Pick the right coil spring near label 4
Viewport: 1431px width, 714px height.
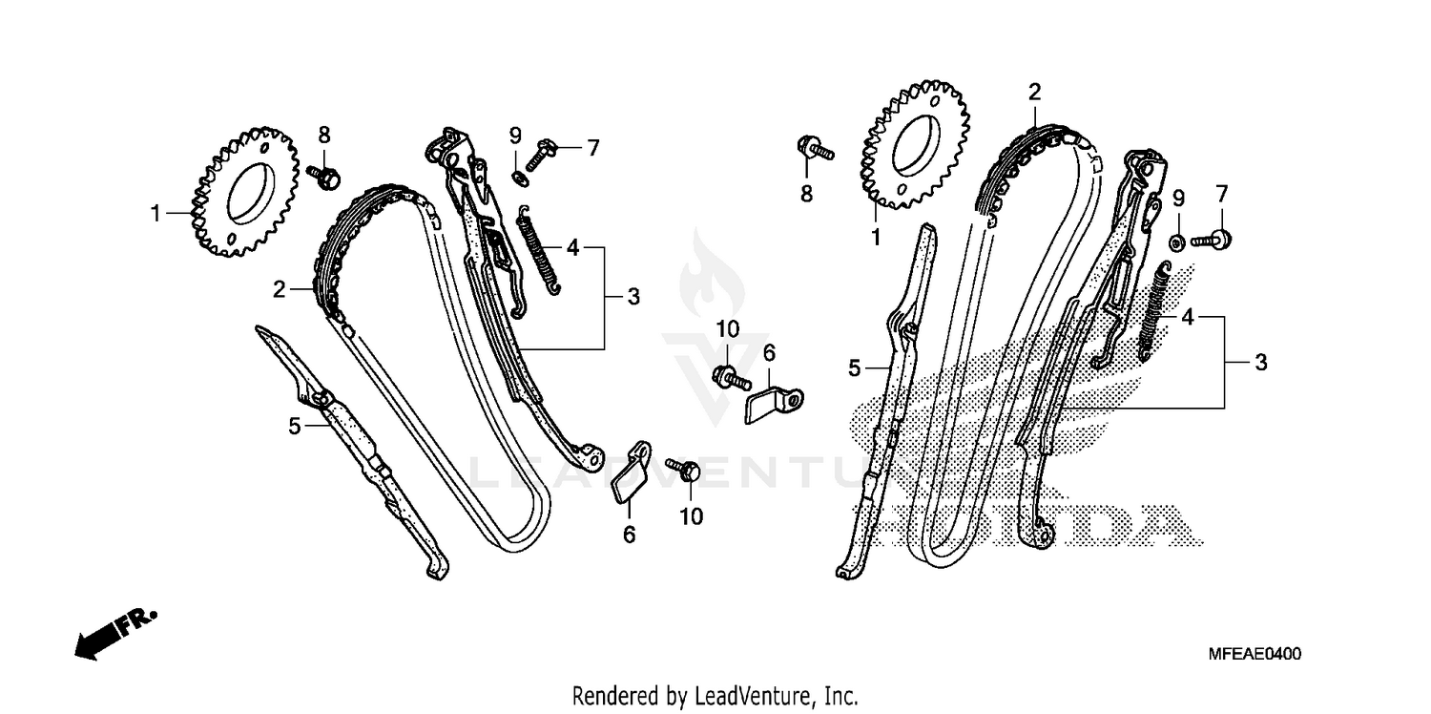pos(1157,310)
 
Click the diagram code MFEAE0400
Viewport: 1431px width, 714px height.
pos(1254,654)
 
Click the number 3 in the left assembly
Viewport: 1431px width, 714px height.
pos(633,297)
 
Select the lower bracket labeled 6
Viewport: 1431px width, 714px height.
pos(631,472)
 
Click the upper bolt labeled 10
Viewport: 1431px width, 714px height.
pos(730,375)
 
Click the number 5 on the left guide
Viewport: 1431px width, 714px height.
pos(295,426)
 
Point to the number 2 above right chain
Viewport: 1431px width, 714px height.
pos(1034,93)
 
